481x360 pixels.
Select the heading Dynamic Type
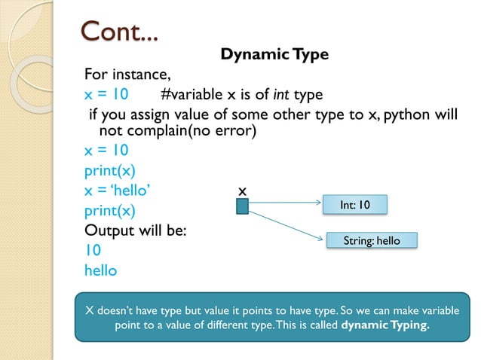(x=274, y=55)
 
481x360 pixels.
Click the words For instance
(x=127, y=75)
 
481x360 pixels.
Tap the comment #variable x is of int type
(x=241, y=95)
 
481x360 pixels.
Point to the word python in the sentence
(x=412, y=114)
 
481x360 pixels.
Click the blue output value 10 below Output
(x=93, y=250)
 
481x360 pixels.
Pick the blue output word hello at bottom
(x=100, y=270)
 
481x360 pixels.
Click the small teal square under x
(x=242, y=206)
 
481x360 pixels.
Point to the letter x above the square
(x=242, y=191)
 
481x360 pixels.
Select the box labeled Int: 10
(x=354, y=204)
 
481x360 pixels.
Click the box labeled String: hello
(x=372, y=241)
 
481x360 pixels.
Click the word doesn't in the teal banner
(x=121, y=310)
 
